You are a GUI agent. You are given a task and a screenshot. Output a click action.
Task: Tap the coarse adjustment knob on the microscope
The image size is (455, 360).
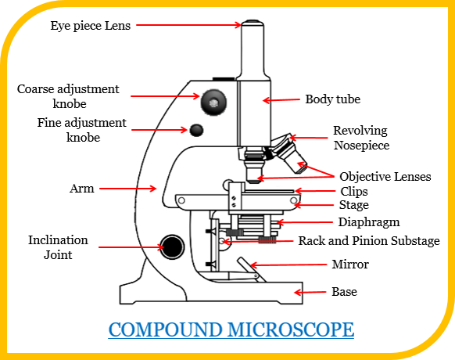tap(213, 101)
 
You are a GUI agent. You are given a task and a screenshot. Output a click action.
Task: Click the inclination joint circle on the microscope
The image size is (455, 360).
tap(172, 247)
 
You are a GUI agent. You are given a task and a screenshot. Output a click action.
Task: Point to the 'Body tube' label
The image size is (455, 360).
tap(332, 99)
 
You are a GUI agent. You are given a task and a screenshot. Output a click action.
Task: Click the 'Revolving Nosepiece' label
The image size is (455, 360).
tap(360, 138)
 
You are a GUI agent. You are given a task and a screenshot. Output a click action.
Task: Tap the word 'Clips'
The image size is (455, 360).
tap(353, 191)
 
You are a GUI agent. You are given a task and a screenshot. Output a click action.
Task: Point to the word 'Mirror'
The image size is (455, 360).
tap(349, 265)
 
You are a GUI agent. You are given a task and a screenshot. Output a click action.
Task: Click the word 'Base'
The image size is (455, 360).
tap(344, 292)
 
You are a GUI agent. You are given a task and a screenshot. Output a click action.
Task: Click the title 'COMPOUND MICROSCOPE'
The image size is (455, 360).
tap(231, 329)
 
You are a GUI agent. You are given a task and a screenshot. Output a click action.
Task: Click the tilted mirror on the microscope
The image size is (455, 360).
tap(246, 269)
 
